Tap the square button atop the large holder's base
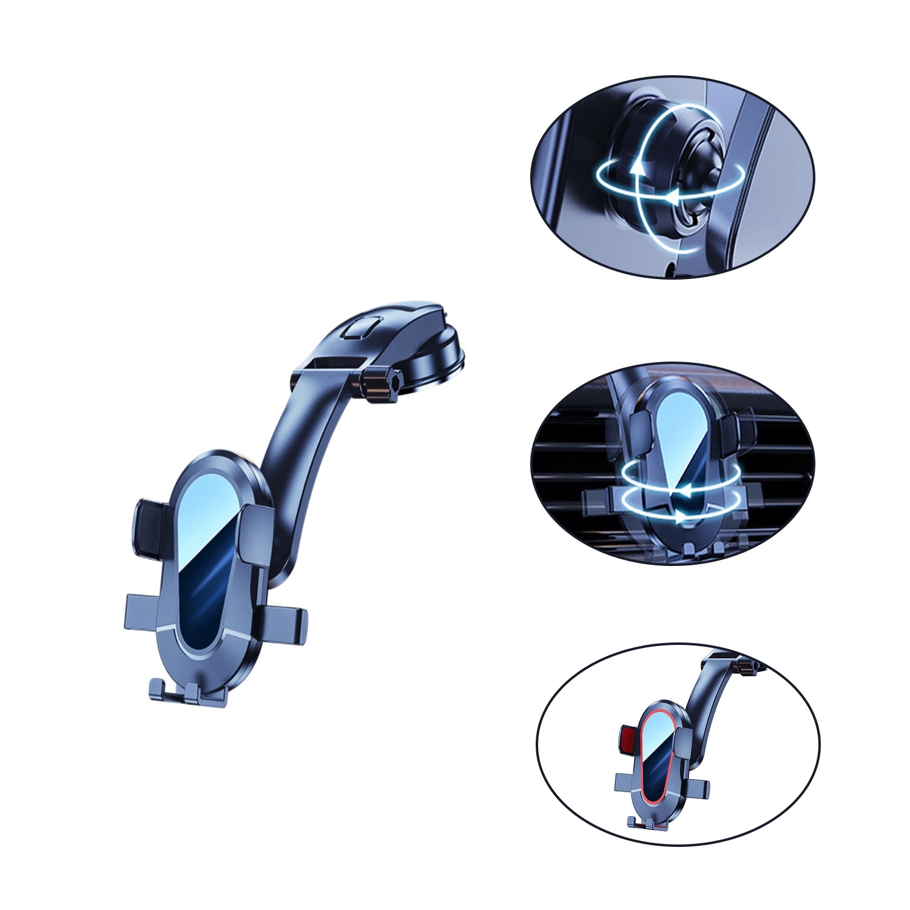pos(359,329)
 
